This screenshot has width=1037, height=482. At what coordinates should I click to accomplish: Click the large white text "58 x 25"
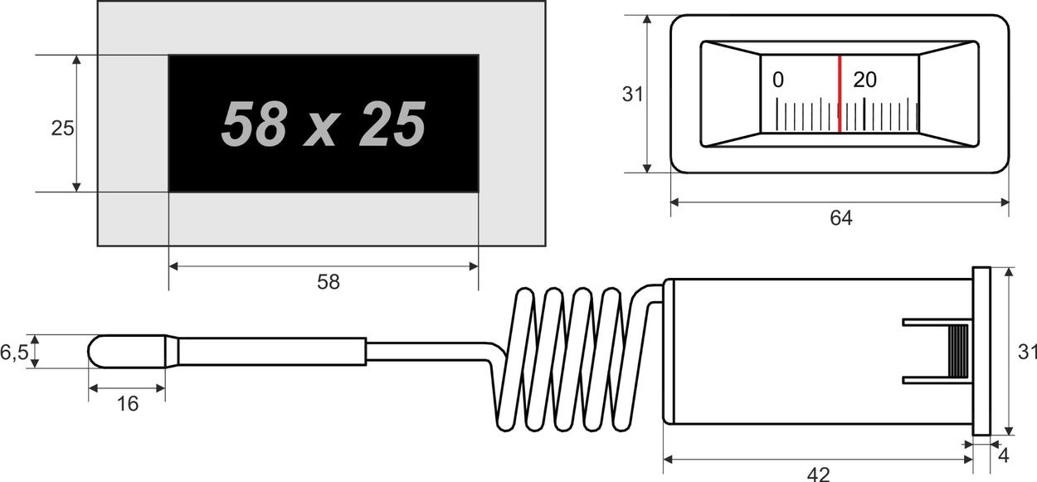tap(324, 124)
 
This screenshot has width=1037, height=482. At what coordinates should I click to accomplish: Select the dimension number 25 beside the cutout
tap(62, 129)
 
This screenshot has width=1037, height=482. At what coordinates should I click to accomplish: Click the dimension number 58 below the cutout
tap(329, 281)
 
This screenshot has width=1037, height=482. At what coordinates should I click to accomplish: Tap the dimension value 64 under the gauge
tap(841, 217)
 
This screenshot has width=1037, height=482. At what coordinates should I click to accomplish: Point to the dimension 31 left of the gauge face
tap(633, 94)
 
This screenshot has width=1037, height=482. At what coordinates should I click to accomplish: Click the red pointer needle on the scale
tap(840, 94)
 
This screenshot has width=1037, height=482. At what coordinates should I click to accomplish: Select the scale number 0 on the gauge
tap(778, 80)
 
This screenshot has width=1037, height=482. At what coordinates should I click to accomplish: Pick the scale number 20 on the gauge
tap(864, 80)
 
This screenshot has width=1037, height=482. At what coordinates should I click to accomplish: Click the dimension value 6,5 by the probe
tap(14, 353)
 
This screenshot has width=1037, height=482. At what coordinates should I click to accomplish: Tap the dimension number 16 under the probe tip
tap(127, 404)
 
